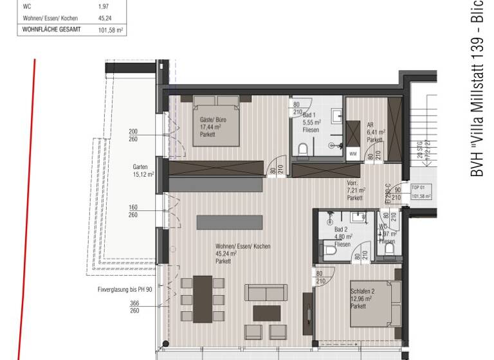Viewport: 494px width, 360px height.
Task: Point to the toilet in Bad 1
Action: (303, 149)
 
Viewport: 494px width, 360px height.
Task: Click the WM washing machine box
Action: (352, 154)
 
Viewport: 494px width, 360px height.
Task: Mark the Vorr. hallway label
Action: (356, 190)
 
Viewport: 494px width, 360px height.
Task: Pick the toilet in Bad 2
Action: (330, 249)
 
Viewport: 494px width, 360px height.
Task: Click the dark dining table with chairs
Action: (203, 300)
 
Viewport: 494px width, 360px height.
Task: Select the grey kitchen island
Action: (230, 222)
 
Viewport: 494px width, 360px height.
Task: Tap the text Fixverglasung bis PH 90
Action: (125, 289)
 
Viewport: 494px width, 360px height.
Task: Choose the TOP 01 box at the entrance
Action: (420, 193)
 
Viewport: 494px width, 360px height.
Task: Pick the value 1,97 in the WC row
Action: (103, 6)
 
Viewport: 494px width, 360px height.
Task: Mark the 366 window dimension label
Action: (134, 304)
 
